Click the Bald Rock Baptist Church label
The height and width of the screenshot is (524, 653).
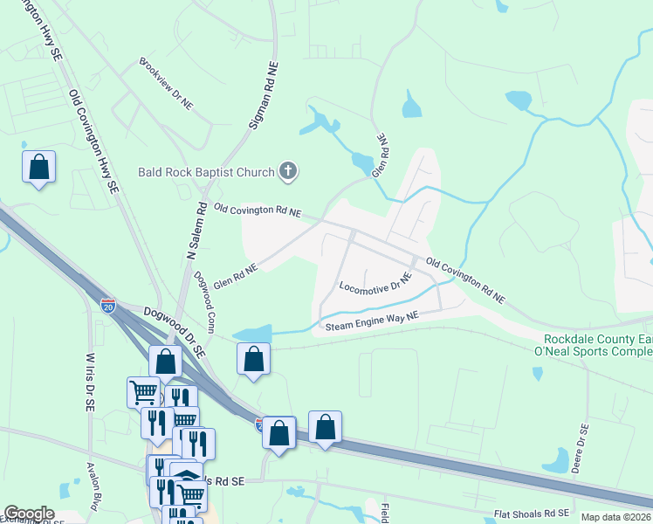(206, 171)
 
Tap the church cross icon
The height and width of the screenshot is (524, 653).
(288, 172)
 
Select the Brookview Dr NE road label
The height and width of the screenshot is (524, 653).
(166, 84)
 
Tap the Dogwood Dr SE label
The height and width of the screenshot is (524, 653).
(175, 331)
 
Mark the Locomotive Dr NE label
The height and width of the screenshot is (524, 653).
(375, 286)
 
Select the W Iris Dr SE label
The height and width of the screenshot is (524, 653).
(88, 382)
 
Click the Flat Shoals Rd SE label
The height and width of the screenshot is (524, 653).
(532, 513)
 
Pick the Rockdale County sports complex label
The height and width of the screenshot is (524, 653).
(598, 345)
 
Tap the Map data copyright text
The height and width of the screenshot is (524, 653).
(616, 517)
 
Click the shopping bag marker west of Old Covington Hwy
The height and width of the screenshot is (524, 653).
(39, 166)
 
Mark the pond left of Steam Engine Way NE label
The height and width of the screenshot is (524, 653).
(253, 334)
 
